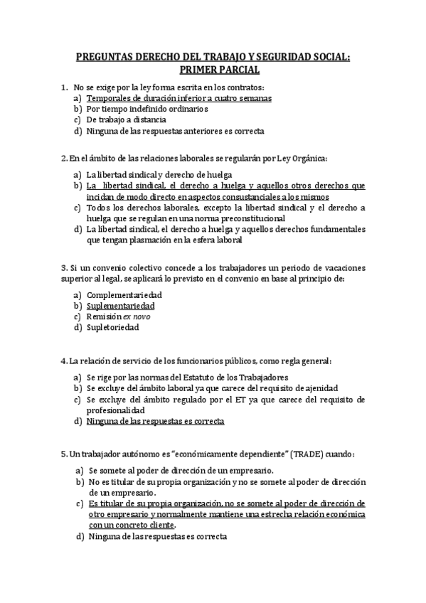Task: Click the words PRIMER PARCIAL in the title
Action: click(213, 70)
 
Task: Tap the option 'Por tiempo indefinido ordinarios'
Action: click(147, 110)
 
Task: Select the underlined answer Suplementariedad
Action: click(121, 306)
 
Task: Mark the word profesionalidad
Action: click(117, 410)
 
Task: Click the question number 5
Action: click(63, 454)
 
